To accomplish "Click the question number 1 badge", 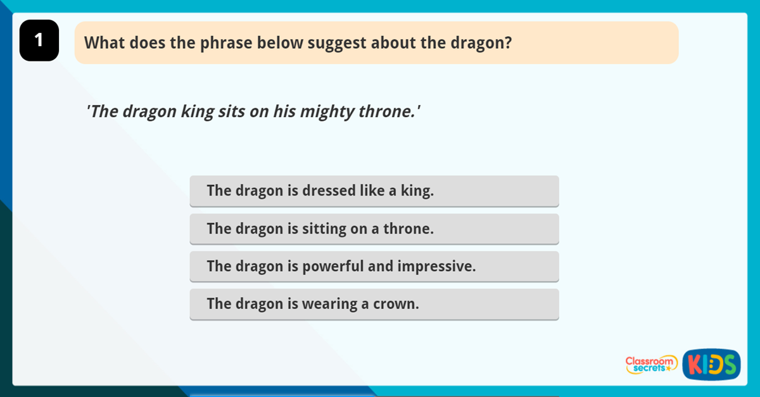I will pyautogui.click(x=39, y=41).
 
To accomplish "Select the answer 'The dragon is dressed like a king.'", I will pyautogui.click(x=374, y=191).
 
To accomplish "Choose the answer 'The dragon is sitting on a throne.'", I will pyautogui.click(x=374, y=229).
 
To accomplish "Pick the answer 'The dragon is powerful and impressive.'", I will pyautogui.click(x=374, y=267).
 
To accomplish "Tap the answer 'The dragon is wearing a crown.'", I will pyautogui.click(x=374, y=304).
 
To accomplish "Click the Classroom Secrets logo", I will pyautogui.click(x=650, y=364).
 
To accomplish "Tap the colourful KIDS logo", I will pyautogui.click(x=711, y=365).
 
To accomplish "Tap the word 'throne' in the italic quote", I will pyautogui.click(x=388, y=112).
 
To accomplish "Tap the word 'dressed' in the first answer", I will pyautogui.click(x=327, y=191).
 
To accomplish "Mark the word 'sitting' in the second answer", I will pyautogui.click(x=324, y=229).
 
